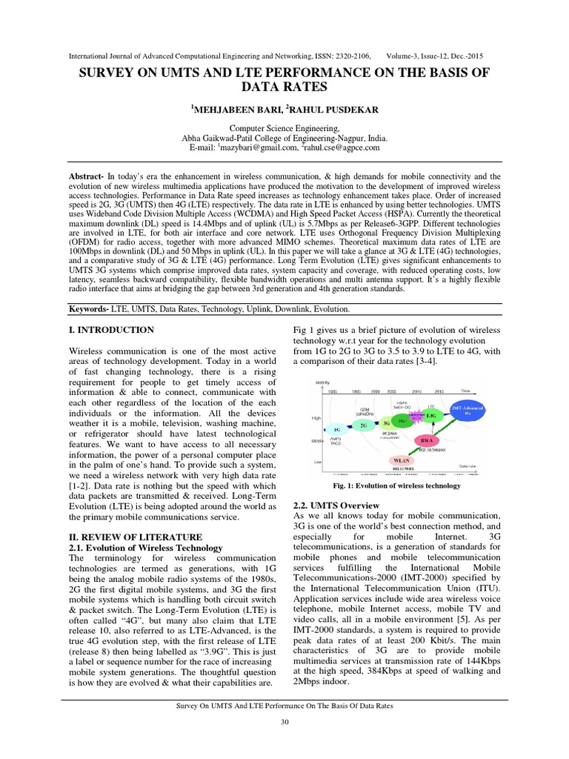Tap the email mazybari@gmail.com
pyautogui.click(x=255, y=148)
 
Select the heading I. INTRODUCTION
pyautogui.click(x=111, y=330)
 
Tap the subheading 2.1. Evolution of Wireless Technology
pyautogui.click(x=145, y=548)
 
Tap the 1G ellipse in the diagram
pyautogui.click(x=336, y=428)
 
